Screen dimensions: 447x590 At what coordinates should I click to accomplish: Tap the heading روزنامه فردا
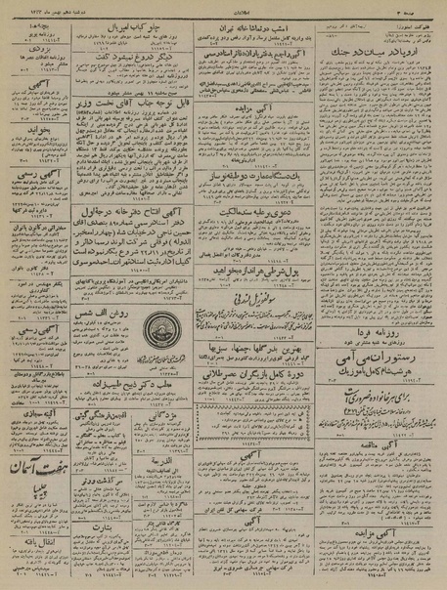[x=378, y=305]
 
